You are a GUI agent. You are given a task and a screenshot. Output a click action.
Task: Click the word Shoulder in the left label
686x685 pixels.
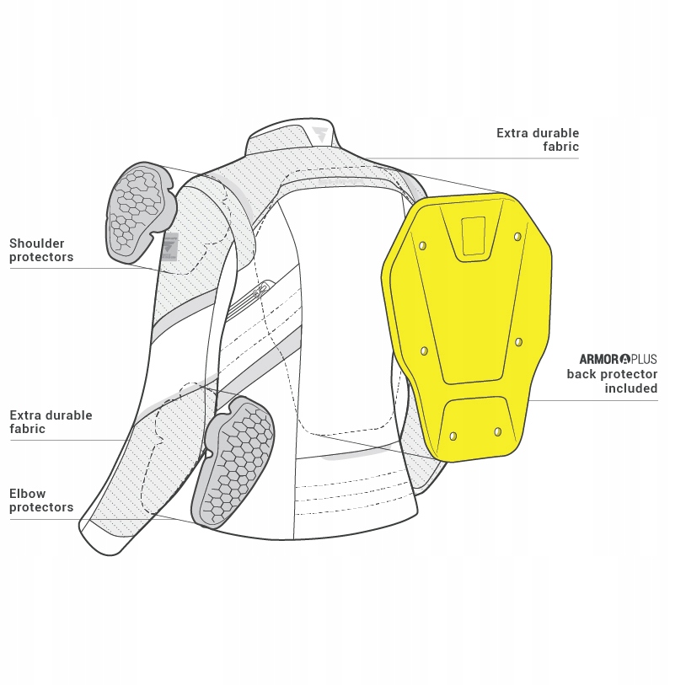(x=37, y=243)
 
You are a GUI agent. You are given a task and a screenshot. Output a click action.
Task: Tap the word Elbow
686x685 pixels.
(x=28, y=494)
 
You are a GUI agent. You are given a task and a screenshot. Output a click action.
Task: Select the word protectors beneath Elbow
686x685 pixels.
(x=41, y=507)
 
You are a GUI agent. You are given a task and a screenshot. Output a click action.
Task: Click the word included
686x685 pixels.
(x=630, y=388)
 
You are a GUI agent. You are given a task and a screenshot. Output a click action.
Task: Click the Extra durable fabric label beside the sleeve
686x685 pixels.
(x=51, y=422)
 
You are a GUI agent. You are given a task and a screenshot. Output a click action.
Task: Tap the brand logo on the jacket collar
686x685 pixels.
(x=320, y=136)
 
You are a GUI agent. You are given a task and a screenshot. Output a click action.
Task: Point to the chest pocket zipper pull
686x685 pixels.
(x=260, y=289)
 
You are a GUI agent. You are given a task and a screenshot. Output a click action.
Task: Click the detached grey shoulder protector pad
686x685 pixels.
(x=137, y=210)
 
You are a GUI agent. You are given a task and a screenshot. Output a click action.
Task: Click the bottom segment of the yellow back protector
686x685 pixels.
(x=477, y=427)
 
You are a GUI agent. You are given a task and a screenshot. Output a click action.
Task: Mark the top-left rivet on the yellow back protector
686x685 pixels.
(x=422, y=246)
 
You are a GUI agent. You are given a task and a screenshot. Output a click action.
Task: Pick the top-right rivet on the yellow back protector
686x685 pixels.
(x=517, y=237)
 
